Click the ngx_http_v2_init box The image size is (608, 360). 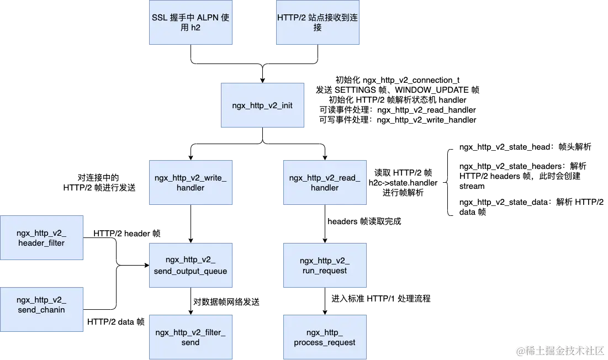click(262, 105)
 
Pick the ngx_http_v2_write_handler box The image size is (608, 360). click(190, 183)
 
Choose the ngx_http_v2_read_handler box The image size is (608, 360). click(324, 183)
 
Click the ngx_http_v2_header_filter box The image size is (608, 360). click(41, 238)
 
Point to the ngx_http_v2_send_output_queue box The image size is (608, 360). click(190, 266)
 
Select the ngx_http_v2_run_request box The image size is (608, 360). click(324, 266)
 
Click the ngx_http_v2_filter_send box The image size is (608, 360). click(190, 337)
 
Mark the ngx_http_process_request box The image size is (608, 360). click(324, 337)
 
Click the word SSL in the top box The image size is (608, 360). click(160, 18)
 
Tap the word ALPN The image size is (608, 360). click(206, 18)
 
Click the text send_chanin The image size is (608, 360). click(41, 310)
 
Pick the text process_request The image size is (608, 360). click(325, 342)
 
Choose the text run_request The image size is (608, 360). click(325, 271)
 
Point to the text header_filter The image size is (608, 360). click(41, 243)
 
